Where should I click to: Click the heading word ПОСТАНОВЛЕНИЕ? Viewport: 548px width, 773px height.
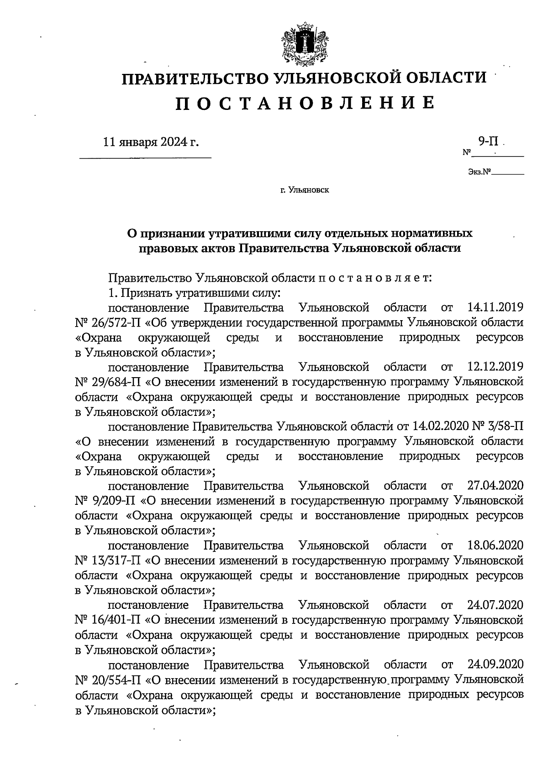305,103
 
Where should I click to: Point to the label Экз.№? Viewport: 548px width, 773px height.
479,172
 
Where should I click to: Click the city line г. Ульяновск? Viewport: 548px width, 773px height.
305,190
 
